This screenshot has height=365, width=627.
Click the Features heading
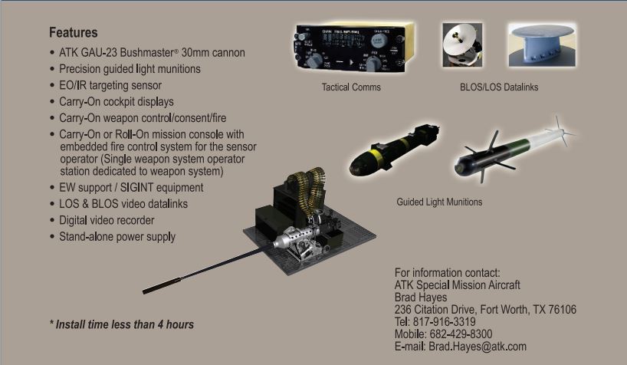point(73,32)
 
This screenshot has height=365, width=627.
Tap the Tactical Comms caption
point(351,87)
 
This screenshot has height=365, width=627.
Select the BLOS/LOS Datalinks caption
point(499,87)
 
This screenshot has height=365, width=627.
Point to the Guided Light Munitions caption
point(439,202)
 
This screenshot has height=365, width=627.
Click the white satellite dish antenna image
point(462,44)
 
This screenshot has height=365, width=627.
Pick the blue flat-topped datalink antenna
point(542,44)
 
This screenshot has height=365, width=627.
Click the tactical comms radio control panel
point(354,48)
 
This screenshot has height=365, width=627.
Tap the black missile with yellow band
point(394,150)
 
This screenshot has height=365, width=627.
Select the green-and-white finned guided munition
point(514,150)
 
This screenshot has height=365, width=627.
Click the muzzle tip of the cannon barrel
point(144,291)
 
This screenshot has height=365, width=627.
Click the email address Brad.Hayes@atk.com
point(478,347)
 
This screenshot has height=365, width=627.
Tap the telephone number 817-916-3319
point(445,322)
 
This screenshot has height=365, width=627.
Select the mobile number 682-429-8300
point(461,334)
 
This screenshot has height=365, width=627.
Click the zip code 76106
point(562,309)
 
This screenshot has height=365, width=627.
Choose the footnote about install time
point(122,324)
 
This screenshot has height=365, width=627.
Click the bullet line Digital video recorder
point(107,221)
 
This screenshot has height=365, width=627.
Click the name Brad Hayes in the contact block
point(421,298)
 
